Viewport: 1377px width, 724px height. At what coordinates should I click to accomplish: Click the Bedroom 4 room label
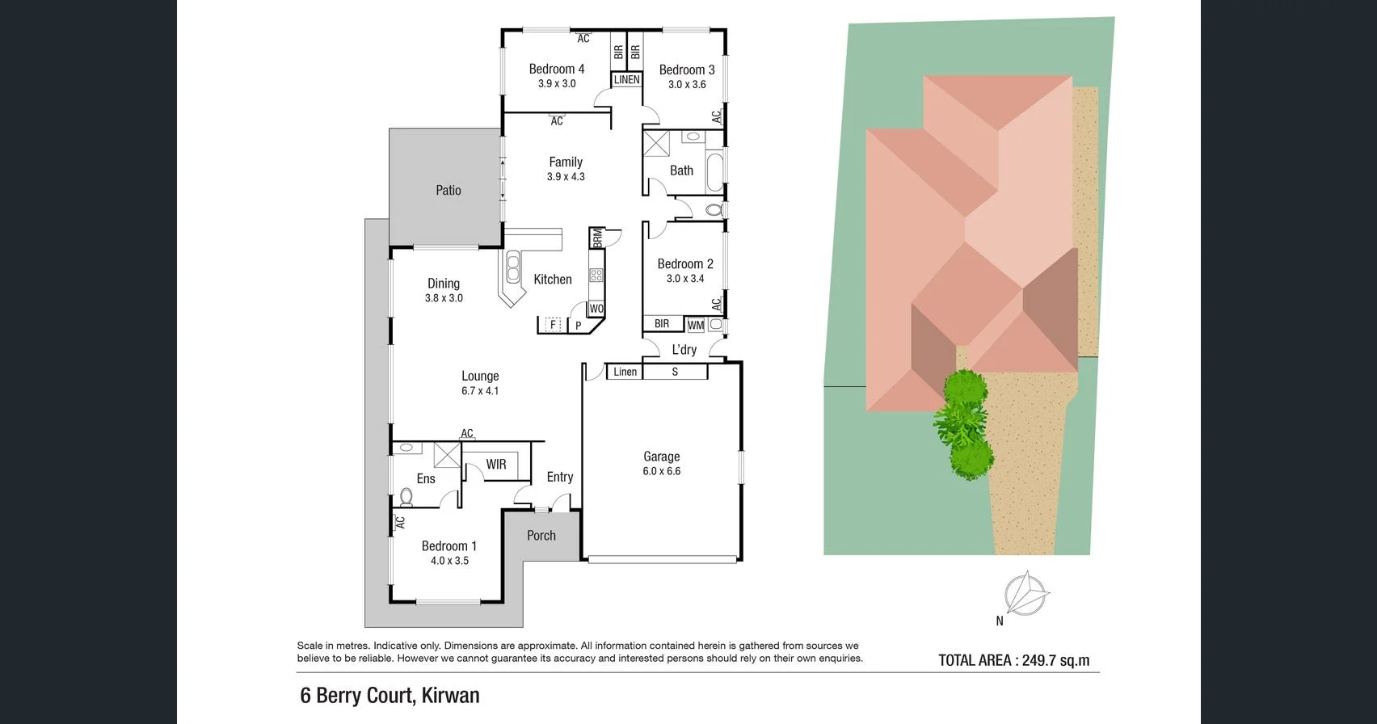(x=556, y=69)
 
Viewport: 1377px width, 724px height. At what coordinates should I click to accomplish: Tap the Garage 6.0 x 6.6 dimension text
(x=661, y=471)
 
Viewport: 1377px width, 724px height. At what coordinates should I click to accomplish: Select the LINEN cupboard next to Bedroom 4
(x=626, y=80)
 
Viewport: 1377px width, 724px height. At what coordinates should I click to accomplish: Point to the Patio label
(x=448, y=191)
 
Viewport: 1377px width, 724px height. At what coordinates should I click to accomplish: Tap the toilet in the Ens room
(x=406, y=496)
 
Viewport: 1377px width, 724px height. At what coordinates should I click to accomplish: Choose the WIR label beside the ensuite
(x=496, y=465)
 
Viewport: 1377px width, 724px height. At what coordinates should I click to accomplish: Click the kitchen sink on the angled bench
(x=513, y=267)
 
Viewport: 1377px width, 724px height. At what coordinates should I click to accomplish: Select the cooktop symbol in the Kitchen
(x=596, y=276)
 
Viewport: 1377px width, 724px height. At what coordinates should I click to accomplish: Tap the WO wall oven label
(x=596, y=309)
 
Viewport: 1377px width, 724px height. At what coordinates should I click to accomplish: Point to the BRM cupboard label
(x=597, y=238)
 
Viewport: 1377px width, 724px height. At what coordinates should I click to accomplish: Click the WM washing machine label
(x=695, y=325)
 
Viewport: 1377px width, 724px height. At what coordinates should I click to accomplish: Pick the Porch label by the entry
(x=541, y=536)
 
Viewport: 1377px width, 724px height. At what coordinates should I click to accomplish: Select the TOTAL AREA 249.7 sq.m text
(x=1013, y=660)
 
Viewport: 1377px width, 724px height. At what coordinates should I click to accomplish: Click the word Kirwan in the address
(x=450, y=696)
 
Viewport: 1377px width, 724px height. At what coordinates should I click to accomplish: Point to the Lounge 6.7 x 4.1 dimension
(x=480, y=391)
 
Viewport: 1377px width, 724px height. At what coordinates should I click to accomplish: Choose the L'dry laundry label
(x=684, y=350)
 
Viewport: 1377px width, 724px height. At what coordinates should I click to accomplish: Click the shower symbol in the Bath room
(x=656, y=144)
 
